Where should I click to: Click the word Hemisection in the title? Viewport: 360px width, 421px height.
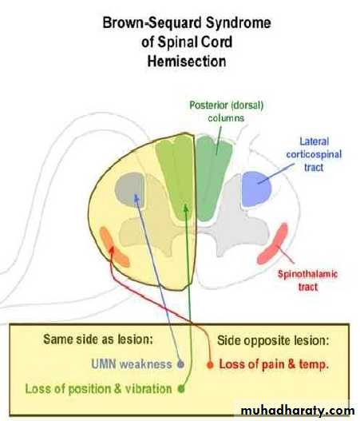pyautogui.click(x=187, y=62)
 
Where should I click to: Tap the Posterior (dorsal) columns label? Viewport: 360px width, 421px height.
pyautogui.click(x=226, y=111)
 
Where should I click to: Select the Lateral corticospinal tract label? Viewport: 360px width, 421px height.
pyautogui.click(x=314, y=154)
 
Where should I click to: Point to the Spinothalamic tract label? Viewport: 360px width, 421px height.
pyautogui.click(x=307, y=280)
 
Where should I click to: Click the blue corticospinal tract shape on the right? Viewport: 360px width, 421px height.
pyautogui.click(x=256, y=189)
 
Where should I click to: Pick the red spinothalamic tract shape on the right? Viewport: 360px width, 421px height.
pyautogui.click(x=273, y=244)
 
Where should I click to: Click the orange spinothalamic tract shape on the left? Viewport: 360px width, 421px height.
pyautogui.click(x=114, y=248)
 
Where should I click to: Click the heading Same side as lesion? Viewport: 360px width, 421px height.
pyautogui.click(x=98, y=340)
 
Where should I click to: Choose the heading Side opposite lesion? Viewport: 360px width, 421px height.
pyautogui.click(x=273, y=340)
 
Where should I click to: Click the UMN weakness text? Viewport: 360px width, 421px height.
pyautogui.click(x=132, y=364)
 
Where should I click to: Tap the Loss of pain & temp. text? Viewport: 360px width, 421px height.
pyautogui.click(x=274, y=364)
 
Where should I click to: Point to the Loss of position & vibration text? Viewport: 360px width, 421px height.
pyautogui.click(x=98, y=389)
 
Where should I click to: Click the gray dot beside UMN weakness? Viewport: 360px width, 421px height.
pyautogui.click(x=181, y=364)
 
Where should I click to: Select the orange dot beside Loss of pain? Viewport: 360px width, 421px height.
pyautogui.click(x=210, y=364)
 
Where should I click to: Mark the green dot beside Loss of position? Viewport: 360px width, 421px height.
pyautogui.click(x=181, y=388)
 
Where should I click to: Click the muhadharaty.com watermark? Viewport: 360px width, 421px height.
pyautogui.click(x=298, y=411)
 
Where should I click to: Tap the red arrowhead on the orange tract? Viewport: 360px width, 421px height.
pyautogui.click(x=112, y=250)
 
